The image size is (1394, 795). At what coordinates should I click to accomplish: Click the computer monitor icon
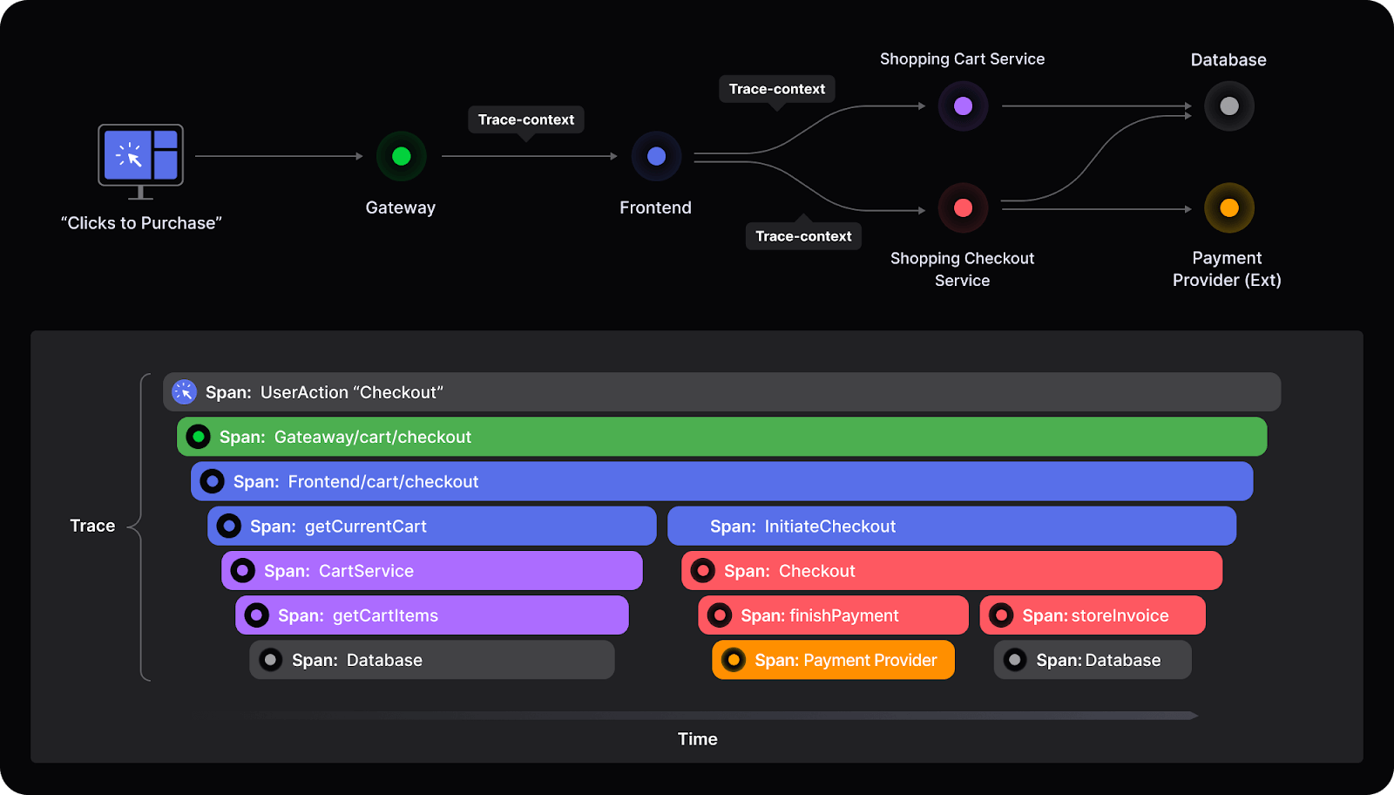pos(140,157)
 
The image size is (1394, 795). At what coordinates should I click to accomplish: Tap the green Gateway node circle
pos(401,156)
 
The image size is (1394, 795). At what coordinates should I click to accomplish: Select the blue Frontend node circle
pos(656,156)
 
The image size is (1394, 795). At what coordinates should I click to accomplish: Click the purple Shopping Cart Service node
pos(963,106)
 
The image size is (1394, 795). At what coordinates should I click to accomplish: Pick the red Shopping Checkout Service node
pos(963,207)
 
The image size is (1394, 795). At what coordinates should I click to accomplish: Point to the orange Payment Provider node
pos(1228,207)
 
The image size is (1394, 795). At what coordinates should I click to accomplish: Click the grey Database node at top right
pos(1228,106)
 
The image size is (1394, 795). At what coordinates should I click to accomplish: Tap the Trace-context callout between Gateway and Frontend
pos(525,119)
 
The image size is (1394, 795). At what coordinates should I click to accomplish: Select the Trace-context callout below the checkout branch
pos(802,236)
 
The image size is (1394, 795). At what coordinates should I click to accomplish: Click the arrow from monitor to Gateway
pos(279,156)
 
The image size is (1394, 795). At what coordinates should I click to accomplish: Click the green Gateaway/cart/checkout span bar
pos(721,437)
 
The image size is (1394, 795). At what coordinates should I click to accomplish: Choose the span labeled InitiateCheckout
pos(951,527)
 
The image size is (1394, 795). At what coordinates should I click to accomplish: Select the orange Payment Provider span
pos(833,660)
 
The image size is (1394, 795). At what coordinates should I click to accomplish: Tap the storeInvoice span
pos(1093,615)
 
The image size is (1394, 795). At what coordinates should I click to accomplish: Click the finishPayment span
pos(833,615)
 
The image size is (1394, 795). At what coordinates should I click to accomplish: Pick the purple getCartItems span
pos(431,615)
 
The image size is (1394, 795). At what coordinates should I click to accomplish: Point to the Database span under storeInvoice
pos(1093,660)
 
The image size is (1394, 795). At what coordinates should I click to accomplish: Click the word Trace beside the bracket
pos(92,526)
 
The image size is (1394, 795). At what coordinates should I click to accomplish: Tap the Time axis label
pos(697,739)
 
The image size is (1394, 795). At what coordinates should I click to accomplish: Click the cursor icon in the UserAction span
pos(184,392)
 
